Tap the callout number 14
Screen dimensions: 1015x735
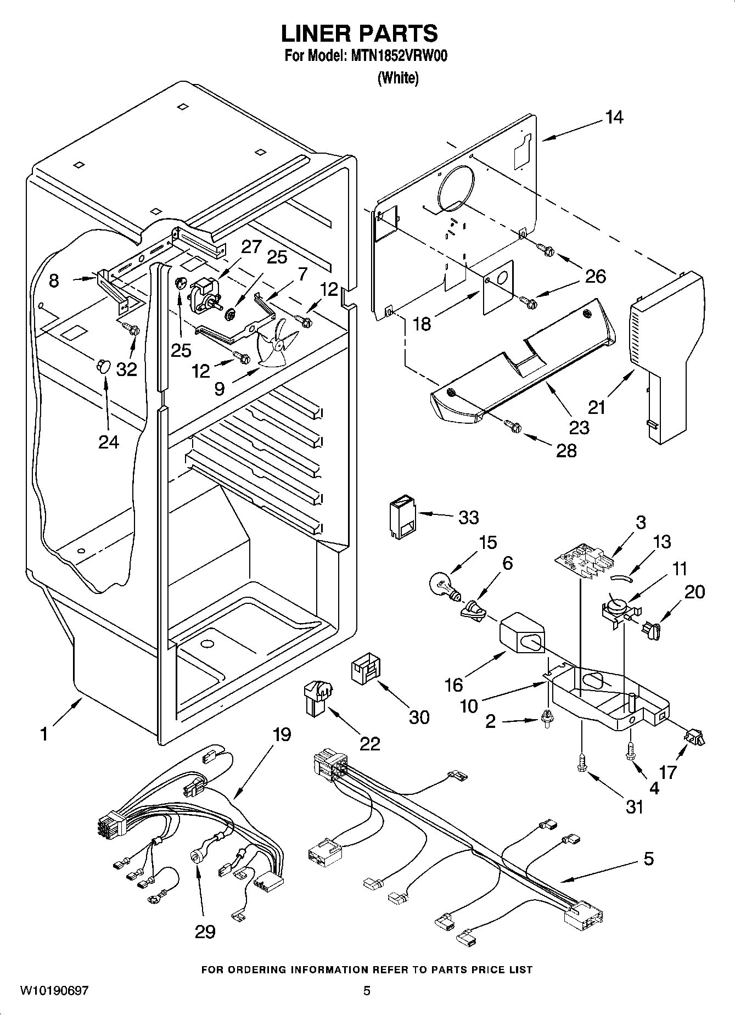coord(614,117)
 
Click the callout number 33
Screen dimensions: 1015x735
coord(469,518)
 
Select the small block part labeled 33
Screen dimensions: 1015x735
coord(403,518)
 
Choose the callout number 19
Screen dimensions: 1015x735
coord(282,734)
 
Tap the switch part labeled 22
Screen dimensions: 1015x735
coord(317,698)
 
